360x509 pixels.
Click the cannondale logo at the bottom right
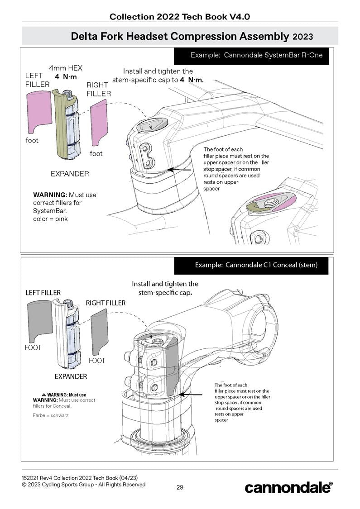tap(288, 487)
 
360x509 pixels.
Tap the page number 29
tap(180, 487)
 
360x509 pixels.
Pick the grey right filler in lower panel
tap(99, 333)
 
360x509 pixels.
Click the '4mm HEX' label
tap(66, 68)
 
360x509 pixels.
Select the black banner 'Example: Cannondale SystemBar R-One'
tap(251, 55)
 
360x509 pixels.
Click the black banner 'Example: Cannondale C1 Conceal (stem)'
tap(251, 265)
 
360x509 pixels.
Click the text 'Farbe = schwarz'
tap(51, 415)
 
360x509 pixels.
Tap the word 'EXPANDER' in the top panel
tap(70, 174)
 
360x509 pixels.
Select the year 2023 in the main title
tap(303, 36)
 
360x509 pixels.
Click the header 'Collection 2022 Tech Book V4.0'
tap(180, 17)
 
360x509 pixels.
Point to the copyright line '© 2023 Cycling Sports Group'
tap(83, 485)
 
